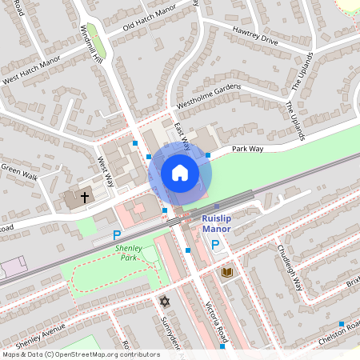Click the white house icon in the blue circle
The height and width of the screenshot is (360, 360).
[x=180, y=173]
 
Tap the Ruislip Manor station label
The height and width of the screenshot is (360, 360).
[x=216, y=222]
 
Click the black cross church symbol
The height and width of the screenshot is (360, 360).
[x=85, y=196]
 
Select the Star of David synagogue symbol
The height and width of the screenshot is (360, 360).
[x=165, y=302]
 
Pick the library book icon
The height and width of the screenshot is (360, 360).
[x=227, y=273]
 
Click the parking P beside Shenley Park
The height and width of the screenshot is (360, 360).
[x=117, y=236]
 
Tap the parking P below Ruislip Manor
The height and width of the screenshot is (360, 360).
[x=215, y=244]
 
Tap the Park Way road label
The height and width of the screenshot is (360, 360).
[x=248, y=149]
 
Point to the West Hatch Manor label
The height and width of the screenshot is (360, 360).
[x=32, y=69]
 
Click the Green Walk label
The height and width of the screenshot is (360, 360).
[x=19, y=170]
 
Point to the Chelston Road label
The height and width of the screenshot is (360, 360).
[x=340, y=331]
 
